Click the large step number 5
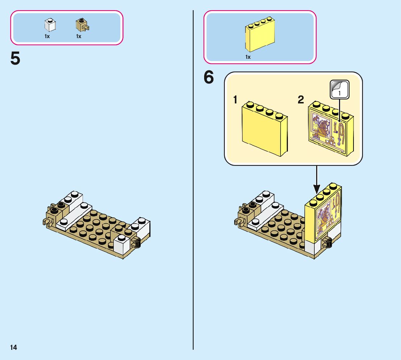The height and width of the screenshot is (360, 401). click(x=15, y=59)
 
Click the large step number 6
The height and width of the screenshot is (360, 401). click(x=208, y=78)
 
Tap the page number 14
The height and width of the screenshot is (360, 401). click(x=13, y=348)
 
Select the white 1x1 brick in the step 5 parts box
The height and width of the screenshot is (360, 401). click(x=50, y=25)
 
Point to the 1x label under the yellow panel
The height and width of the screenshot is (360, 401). click(x=248, y=57)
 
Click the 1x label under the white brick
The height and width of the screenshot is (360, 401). click(x=47, y=36)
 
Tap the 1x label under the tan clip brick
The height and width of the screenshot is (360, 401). click(x=79, y=36)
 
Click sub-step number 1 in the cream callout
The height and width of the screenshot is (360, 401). click(x=235, y=100)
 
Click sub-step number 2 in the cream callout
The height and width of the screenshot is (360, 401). click(x=301, y=100)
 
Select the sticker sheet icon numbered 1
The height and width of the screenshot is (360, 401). click(x=339, y=89)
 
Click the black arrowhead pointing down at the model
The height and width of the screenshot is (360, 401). click(x=317, y=188)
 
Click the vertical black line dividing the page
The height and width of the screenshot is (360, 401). click(x=193, y=181)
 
